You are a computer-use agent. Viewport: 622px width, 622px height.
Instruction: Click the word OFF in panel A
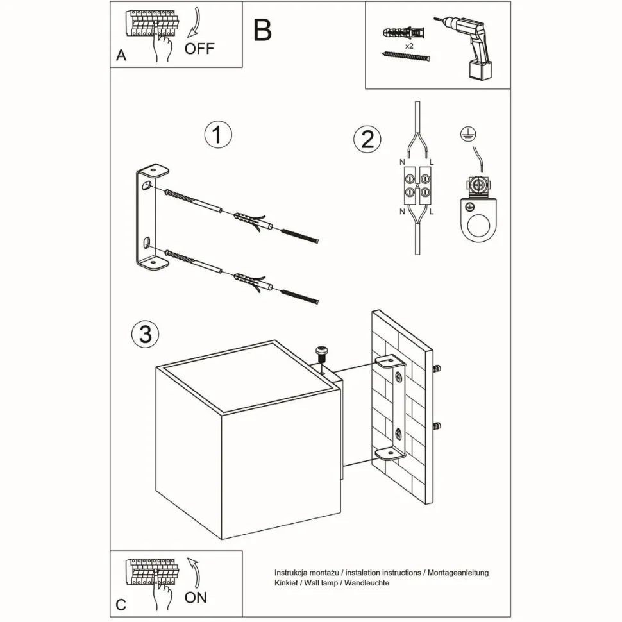[199, 49]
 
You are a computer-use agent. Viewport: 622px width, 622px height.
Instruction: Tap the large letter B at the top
[262, 29]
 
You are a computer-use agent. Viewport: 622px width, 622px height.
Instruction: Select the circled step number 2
[367, 139]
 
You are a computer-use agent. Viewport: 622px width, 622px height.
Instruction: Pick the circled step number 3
[145, 333]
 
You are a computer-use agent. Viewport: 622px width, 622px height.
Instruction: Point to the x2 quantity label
[408, 47]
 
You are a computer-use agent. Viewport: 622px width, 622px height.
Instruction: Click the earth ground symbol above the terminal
[466, 134]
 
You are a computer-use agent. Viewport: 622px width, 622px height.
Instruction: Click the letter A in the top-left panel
[121, 56]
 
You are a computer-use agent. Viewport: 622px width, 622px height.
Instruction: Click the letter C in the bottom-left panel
[121, 605]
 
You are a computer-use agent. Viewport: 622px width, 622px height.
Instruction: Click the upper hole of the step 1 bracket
[147, 188]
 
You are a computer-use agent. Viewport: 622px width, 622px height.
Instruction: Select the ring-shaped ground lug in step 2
[478, 224]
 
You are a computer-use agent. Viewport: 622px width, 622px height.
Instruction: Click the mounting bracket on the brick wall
[392, 407]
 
